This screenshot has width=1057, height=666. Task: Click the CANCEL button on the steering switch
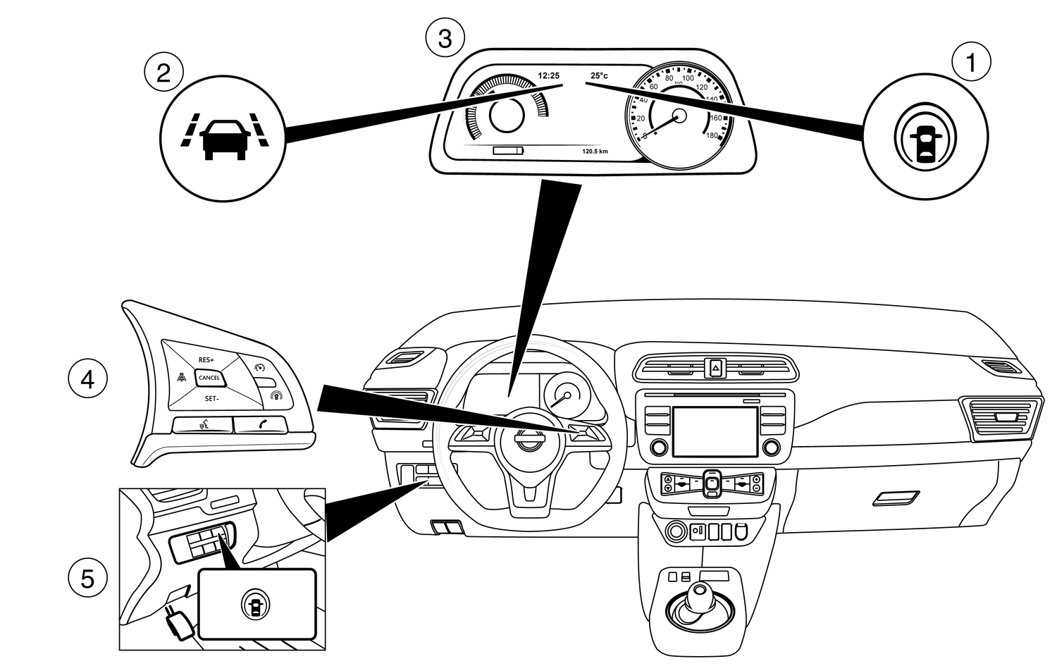(209, 378)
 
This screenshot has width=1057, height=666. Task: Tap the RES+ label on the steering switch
(206, 359)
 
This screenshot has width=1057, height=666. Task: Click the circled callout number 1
(971, 63)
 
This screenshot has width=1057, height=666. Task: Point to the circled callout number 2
(163, 72)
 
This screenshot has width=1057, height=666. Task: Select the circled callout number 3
(445, 38)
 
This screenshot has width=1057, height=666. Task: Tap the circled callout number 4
(87, 380)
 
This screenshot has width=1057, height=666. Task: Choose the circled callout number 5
(87, 579)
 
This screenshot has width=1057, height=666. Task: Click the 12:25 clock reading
(548, 75)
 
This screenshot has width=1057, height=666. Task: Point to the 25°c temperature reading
(599, 75)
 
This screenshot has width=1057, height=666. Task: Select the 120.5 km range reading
(595, 151)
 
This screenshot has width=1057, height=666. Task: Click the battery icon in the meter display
(509, 151)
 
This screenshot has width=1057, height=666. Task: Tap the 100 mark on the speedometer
(688, 78)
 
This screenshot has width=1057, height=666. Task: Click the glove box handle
(895, 499)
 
